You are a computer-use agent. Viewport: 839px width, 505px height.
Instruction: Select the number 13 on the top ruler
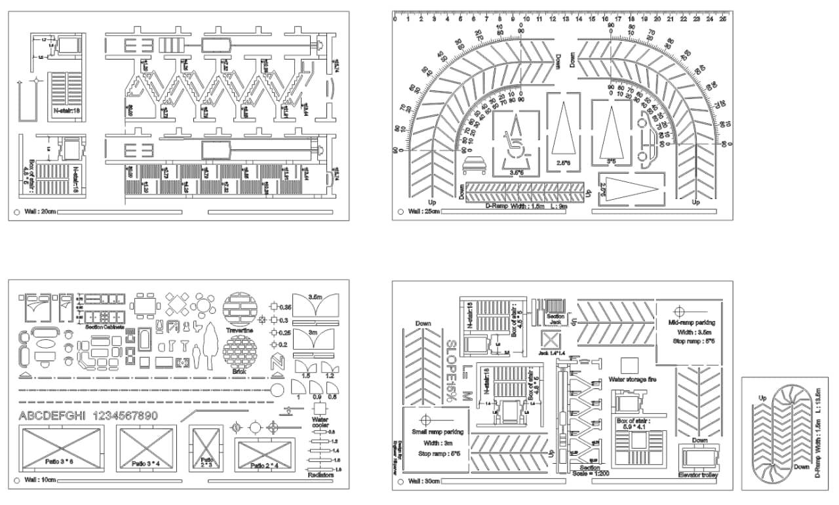coord(565,19)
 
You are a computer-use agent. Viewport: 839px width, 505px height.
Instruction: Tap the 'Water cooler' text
coord(320,422)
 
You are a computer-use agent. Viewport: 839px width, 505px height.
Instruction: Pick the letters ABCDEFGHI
coord(53,416)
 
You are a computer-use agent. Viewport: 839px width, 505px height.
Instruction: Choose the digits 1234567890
coord(127,416)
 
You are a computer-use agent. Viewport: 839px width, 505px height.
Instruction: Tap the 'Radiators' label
coord(321,475)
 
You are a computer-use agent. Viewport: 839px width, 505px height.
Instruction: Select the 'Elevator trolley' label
coord(701,474)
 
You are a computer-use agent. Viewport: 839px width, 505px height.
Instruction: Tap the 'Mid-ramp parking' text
coord(692,322)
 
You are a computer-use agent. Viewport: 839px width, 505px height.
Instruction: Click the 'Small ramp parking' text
coord(437,432)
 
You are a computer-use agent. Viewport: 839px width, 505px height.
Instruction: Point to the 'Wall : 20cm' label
coord(40,212)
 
